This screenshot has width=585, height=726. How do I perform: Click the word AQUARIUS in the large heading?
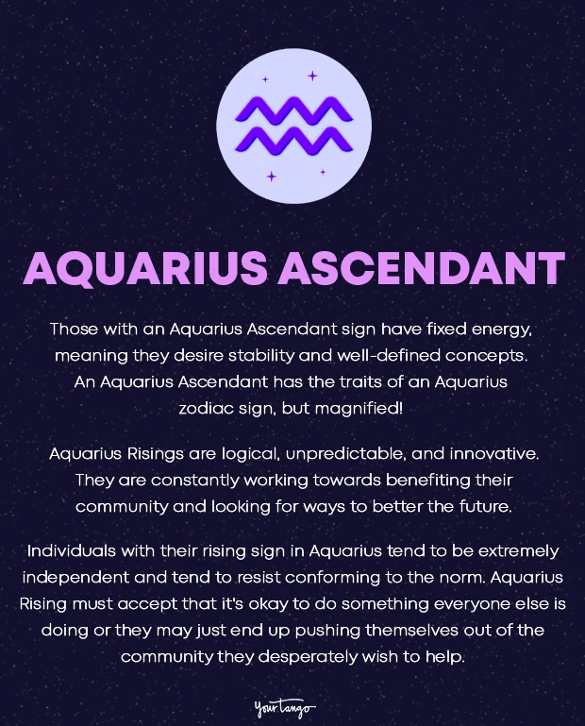144,269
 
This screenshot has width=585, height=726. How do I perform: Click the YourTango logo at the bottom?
285,706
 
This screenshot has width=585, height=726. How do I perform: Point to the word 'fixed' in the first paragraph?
440,330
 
